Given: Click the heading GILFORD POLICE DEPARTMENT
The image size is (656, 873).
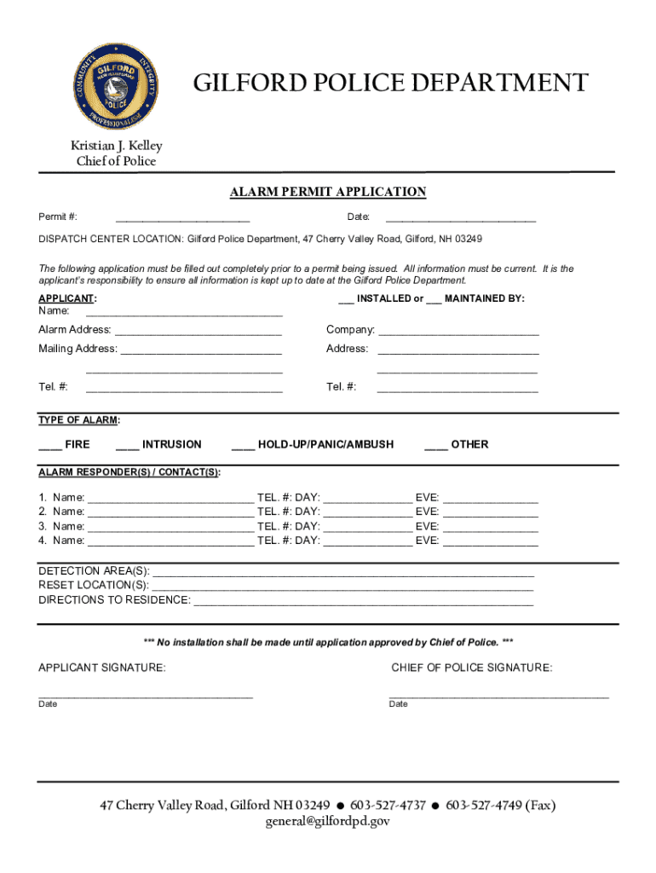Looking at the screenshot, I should pyautogui.click(x=390, y=84).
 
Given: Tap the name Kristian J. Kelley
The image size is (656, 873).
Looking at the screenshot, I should pyautogui.click(x=117, y=146).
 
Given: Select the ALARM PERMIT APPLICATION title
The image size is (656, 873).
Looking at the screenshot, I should pyautogui.click(x=328, y=192).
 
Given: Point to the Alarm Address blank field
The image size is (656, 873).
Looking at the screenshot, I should pyautogui.click(x=199, y=332).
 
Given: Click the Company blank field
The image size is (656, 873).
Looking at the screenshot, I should pyautogui.click(x=458, y=332).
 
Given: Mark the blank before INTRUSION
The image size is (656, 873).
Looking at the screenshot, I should pyautogui.click(x=127, y=445).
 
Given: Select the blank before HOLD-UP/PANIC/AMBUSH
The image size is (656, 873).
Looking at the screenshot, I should pyautogui.click(x=243, y=445).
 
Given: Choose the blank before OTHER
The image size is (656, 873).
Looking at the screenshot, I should pyautogui.click(x=435, y=445).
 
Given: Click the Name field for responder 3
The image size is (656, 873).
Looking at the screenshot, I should pyautogui.click(x=170, y=527).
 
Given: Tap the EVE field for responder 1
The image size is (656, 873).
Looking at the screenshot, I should pyautogui.click(x=491, y=498).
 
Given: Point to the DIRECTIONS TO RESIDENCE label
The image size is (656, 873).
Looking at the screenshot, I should pyautogui.click(x=114, y=600).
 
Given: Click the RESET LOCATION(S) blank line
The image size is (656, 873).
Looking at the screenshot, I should pyautogui.click(x=342, y=586).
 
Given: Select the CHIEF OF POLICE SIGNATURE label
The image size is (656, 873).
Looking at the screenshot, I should pyautogui.click(x=471, y=668).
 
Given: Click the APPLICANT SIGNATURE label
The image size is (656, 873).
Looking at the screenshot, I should pyautogui.click(x=102, y=668).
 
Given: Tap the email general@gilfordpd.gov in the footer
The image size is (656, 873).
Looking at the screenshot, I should pyautogui.click(x=328, y=822).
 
